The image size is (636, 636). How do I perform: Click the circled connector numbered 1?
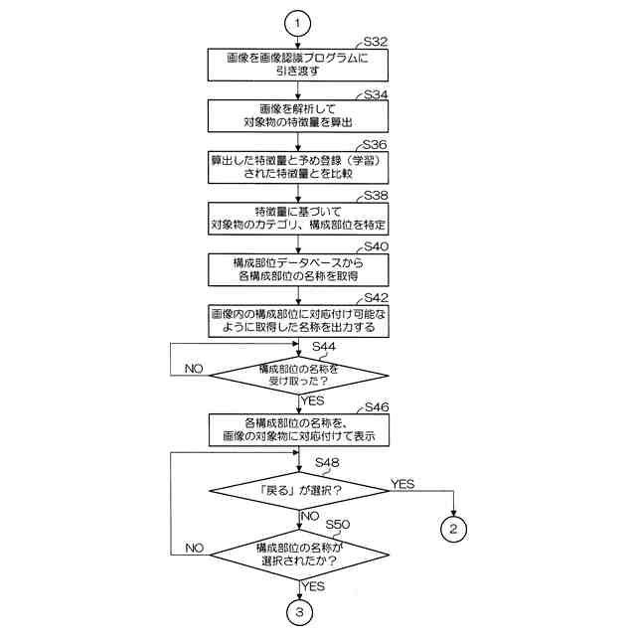pyautogui.click(x=300, y=20)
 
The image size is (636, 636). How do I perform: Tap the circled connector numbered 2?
pyautogui.click(x=453, y=528)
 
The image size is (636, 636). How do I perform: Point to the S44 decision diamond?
pyautogui.click(x=300, y=375)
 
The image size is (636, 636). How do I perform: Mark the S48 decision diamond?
pyautogui.click(x=300, y=489)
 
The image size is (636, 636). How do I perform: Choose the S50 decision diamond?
pyautogui.click(x=300, y=555)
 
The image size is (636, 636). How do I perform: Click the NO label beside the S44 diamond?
pyautogui.click(x=194, y=368)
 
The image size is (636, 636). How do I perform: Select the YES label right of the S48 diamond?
pyautogui.click(x=402, y=483)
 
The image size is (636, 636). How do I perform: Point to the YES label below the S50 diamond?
pyautogui.click(x=314, y=586)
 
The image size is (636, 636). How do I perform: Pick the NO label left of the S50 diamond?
pyautogui.click(x=194, y=548)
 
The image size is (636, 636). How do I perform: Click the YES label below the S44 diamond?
pyautogui.click(x=314, y=400)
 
